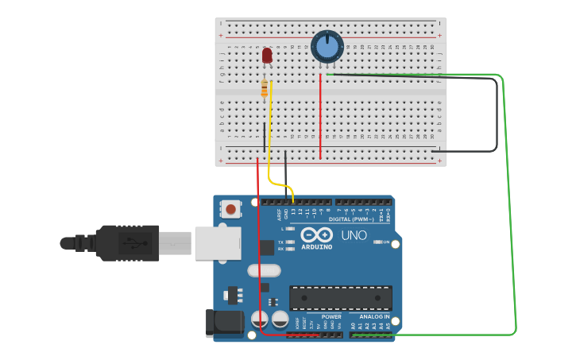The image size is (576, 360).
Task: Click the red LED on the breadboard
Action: coord(267,55)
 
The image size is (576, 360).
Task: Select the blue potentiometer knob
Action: coord(327,46)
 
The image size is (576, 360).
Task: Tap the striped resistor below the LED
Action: coord(265,89)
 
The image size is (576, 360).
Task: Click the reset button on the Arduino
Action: coord(230,210)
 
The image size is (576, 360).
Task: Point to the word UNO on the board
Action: coord(354,236)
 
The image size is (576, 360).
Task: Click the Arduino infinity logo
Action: coord(316,235)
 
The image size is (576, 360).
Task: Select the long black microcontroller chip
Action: coord(340,298)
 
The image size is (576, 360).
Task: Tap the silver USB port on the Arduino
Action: coord(217,242)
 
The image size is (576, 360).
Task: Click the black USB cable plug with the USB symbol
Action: coord(127,242)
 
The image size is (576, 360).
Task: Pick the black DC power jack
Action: coord(224,322)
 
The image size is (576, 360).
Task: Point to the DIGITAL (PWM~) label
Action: coord(350,219)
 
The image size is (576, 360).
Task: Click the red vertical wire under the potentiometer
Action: coord(320,115)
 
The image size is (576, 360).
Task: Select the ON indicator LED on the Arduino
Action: coord(377,242)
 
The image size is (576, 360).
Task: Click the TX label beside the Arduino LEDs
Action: coord(280,242)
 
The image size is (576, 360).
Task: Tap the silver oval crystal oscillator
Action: coord(264,270)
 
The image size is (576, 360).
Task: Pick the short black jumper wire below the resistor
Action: coord(265,137)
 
